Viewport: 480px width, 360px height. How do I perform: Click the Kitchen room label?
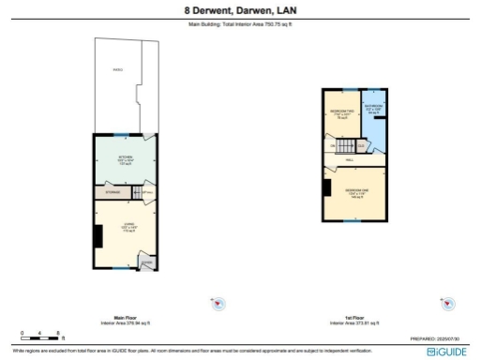pyautogui.click(x=125, y=157)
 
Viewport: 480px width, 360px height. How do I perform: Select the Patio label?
pyautogui.click(x=117, y=68)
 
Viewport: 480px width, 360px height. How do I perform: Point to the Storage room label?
pyautogui.click(x=113, y=192)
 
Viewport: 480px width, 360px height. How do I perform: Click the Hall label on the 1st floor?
pyautogui.click(x=349, y=160)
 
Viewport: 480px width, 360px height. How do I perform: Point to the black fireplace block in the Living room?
pyautogui.click(x=97, y=235)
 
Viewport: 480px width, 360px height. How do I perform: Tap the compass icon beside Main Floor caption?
pyautogui.click(x=218, y=303)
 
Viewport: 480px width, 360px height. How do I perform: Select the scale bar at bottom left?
pyautogui.click(x=41, y=336)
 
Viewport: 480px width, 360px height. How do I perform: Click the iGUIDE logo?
pyautogui.click(x=444, y=352)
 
